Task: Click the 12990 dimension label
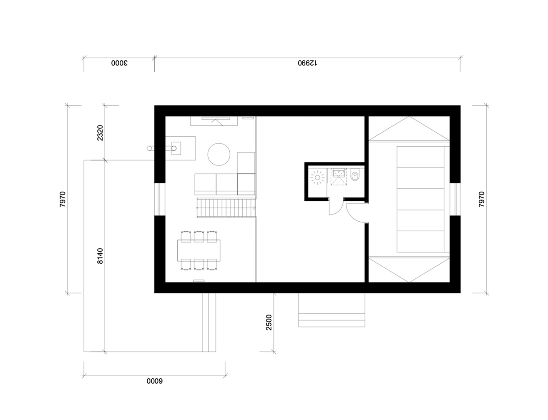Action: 307,63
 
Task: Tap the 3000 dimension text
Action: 120,63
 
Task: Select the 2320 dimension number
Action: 100,133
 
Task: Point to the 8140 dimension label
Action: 100,256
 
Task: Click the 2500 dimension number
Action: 269,322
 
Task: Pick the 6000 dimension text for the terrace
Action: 155,381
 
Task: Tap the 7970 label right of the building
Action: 481,199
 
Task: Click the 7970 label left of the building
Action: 63,199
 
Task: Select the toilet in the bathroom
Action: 355,174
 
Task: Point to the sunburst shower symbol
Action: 317,177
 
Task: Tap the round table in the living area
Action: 219,154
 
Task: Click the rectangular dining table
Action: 199,250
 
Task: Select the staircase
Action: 226,208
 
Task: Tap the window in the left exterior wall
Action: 160,199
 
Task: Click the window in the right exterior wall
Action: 455,199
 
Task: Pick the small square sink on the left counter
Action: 176,148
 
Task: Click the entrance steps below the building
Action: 332,310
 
